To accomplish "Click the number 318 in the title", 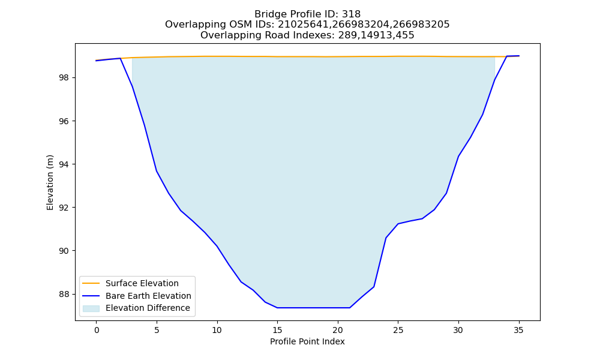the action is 351,14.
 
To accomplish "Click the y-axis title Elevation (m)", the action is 50,182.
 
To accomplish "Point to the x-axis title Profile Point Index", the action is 307,341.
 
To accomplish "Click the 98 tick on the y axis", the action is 65,77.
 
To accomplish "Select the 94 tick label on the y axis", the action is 65,164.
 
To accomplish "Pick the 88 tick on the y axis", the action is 65,294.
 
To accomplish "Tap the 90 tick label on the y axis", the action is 65,251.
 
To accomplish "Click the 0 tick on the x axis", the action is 97,330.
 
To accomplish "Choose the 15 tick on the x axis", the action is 277,330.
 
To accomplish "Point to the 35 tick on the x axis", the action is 518,330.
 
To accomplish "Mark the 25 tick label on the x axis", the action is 398,330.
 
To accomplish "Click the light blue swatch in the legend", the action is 91,308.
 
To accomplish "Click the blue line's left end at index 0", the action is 97,61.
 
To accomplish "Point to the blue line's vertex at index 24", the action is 386,238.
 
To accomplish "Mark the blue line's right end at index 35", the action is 519,56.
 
